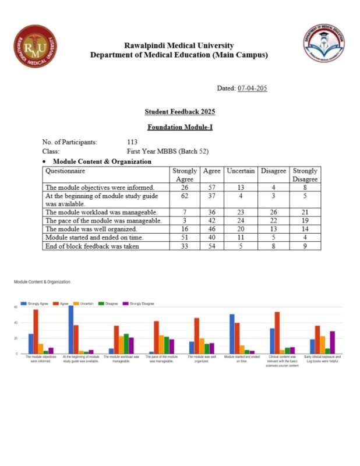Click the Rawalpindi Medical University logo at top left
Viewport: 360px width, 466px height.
click(x=36, y=46)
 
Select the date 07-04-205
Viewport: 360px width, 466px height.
click(x=252, y=88)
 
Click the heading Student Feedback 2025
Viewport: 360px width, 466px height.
click(x=179, y=111)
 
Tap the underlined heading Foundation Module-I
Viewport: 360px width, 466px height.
click(x=179, y=126)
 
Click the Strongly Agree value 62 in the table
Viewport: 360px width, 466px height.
click(x=185, y=196)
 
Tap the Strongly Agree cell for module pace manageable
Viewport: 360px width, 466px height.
click(x=185, y=221)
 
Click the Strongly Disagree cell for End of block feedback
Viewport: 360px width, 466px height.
click(x=305, y=246)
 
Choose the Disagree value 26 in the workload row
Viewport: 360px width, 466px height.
click(x=273, y=213)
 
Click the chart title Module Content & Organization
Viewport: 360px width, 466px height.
click(x=43, y=282)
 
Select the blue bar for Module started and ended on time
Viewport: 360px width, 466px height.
click(x=232, y=334)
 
